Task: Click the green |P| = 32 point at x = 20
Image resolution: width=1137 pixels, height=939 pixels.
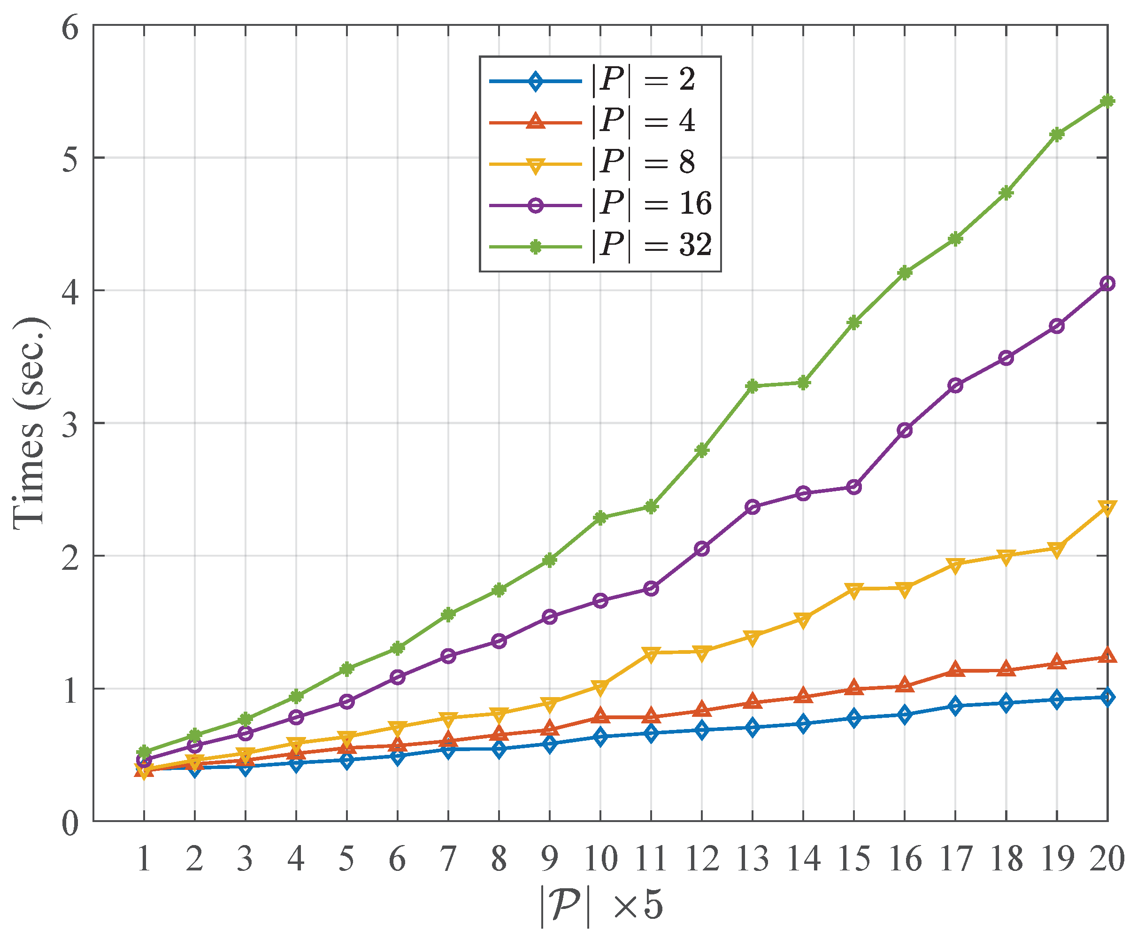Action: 1107,101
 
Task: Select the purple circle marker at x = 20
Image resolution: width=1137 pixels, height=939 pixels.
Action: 1107,283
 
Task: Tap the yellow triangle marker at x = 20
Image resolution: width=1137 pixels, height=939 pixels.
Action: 1107,508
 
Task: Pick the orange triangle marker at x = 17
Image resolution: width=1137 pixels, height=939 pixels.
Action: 955,670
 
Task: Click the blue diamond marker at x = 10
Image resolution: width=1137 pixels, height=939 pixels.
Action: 600,737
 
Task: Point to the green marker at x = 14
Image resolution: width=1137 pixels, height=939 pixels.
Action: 803,383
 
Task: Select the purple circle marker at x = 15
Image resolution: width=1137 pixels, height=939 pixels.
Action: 854,487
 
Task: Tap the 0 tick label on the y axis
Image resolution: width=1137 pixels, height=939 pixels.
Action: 70,823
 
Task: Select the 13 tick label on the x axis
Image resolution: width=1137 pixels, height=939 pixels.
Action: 752,859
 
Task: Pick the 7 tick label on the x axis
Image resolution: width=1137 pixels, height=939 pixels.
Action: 448,859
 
